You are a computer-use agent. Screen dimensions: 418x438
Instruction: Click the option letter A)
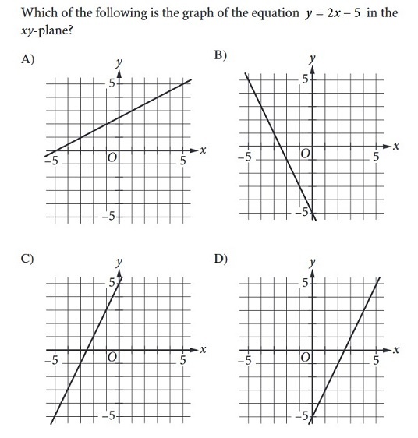coord(28,58)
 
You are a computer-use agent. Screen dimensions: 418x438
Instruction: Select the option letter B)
coord(221,55)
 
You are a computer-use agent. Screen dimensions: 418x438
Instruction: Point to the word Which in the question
coord(40,13)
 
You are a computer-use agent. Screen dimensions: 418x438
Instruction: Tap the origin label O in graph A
coord(112,157)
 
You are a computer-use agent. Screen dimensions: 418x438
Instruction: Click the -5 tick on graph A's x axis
coord(51,161)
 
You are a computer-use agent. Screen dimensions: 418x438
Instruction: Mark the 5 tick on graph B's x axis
coord(375,158)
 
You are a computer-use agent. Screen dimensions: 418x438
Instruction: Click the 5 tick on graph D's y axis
coord(305,281)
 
